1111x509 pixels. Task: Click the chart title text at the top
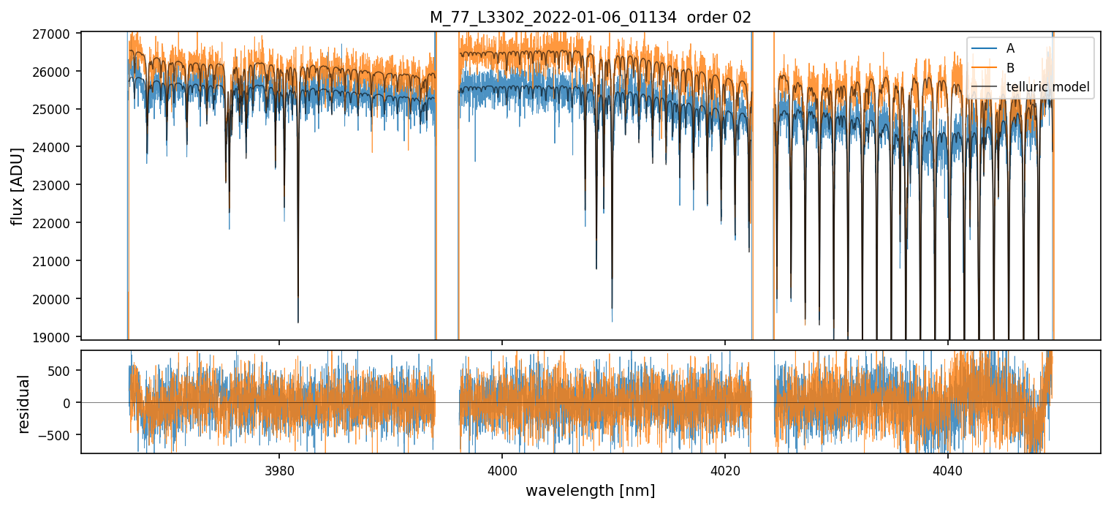[x=590, y=18]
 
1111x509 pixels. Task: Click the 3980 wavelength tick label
[x=279, y=469]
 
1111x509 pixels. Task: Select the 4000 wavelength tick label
[x=502, y=469]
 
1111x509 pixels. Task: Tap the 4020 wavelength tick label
[x=725, y=469]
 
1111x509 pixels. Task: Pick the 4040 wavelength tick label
[x=948, y=469]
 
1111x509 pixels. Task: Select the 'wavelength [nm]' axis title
[x=590, y=490]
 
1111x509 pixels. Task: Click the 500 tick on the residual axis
[x=63, y=370]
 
